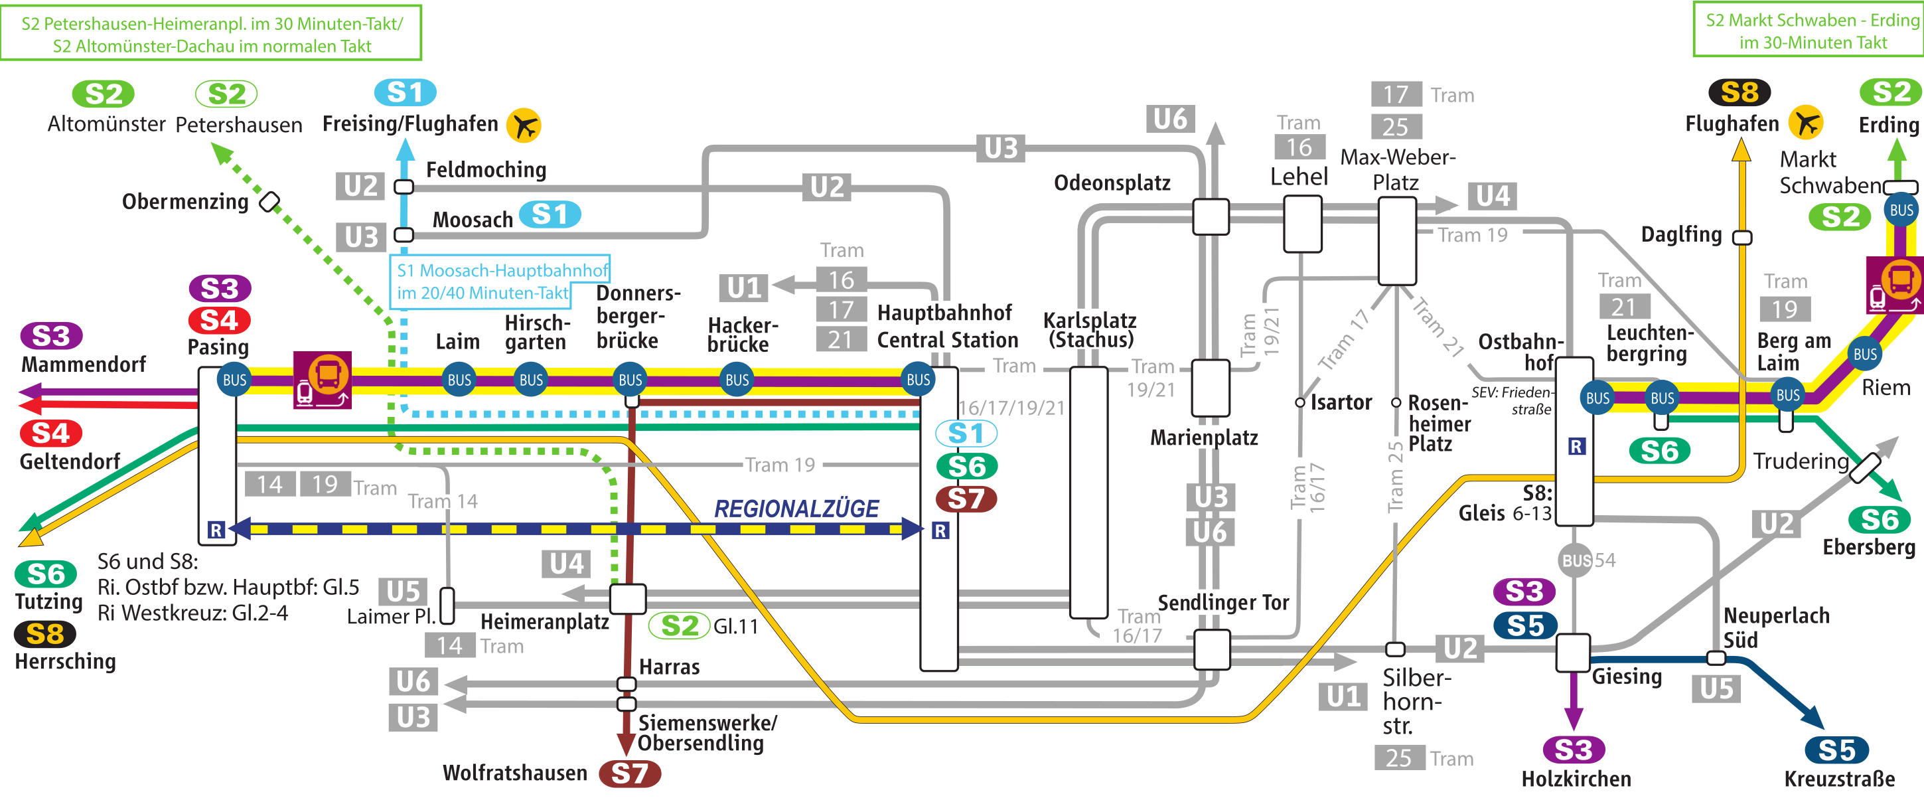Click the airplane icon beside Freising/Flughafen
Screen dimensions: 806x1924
(524, 125)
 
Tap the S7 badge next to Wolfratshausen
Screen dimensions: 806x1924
(630, 773)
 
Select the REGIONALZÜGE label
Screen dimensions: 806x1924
(796, 509)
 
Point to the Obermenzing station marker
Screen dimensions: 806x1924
(269, 202)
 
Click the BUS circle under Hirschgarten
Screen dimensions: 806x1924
(531, 380)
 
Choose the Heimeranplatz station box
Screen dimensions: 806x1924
(627, 598)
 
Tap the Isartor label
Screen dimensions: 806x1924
(1341, 402)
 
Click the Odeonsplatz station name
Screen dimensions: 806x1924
(1112, 183)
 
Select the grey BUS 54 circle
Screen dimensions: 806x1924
(1574, 560)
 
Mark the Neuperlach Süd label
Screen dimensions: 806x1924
(1775, 627)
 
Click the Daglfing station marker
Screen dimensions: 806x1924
(1741, 238)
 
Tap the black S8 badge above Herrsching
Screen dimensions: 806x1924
(45, 634)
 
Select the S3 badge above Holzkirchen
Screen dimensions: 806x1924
(1573, 749)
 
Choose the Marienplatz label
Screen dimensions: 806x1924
(1203, 438)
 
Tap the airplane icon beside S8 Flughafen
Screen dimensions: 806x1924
(1807, 123)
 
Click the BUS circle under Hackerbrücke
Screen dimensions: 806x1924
(737, 380)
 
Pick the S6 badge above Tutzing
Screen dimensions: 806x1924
(46, 574)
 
